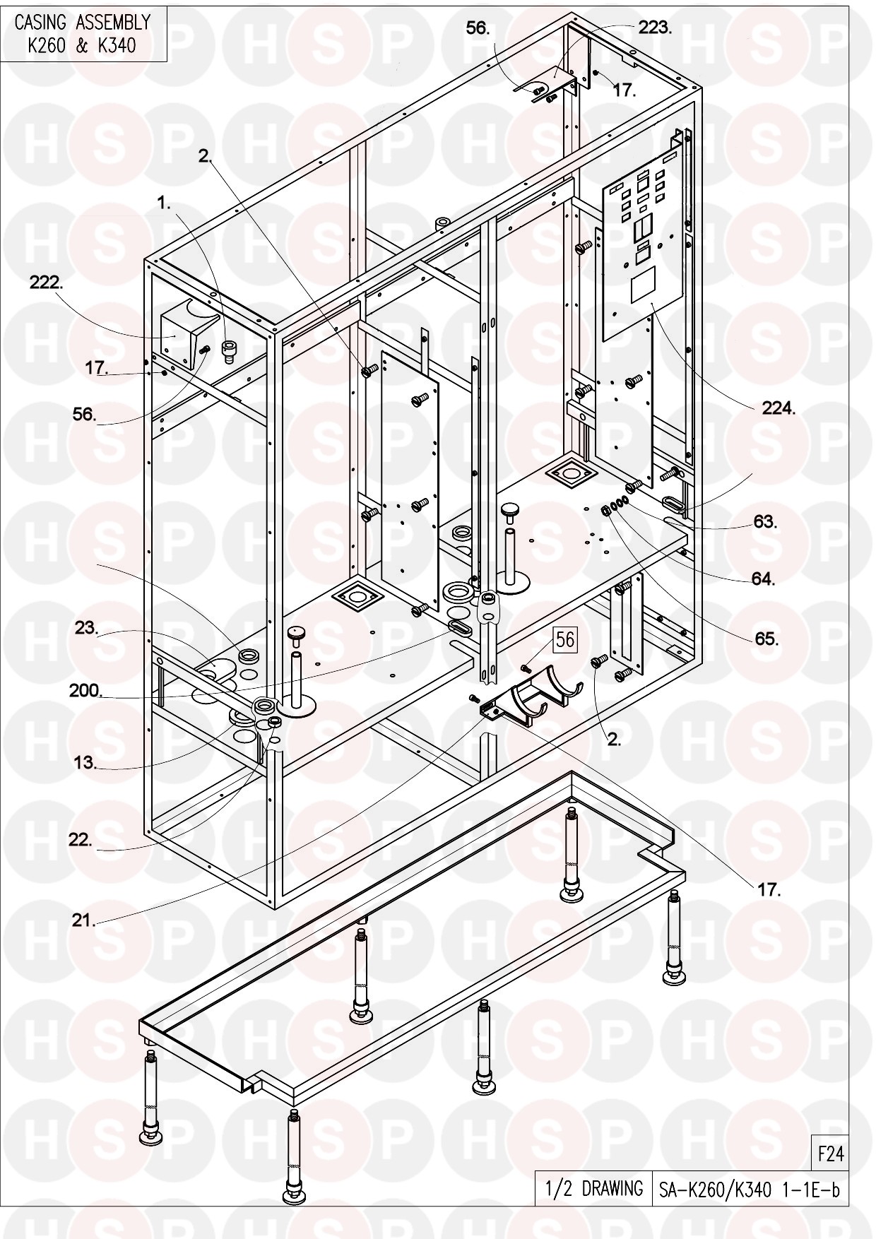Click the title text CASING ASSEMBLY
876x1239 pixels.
point(83,23)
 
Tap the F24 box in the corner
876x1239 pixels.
point(831,1154)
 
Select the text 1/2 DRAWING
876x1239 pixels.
point(593,1189)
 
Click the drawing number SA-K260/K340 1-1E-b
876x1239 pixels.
point(748,1190)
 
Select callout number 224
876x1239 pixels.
point(779,408)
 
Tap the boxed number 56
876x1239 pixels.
point(566,639)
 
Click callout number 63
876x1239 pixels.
point(764,522)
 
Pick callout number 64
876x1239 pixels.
point(763,579)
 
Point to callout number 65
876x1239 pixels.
point(766,639)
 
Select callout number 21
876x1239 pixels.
point(83,920)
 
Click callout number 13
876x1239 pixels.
point(84,763)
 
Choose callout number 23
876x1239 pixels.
point(86,627)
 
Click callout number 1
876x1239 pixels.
point(163,203)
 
